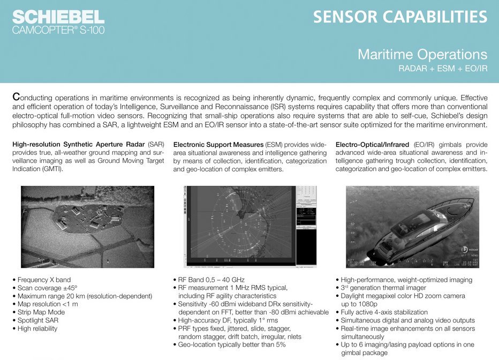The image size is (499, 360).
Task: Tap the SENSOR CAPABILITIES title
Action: point(400,17)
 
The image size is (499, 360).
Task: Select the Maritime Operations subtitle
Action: point(422,54)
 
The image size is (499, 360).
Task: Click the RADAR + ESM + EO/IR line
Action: point(442,69)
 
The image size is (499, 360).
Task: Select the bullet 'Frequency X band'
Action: point(44,280)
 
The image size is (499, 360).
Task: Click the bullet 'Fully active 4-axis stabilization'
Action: point(384,312)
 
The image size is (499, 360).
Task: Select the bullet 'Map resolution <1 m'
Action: point(48,304)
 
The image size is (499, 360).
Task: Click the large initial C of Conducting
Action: point(16,98)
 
